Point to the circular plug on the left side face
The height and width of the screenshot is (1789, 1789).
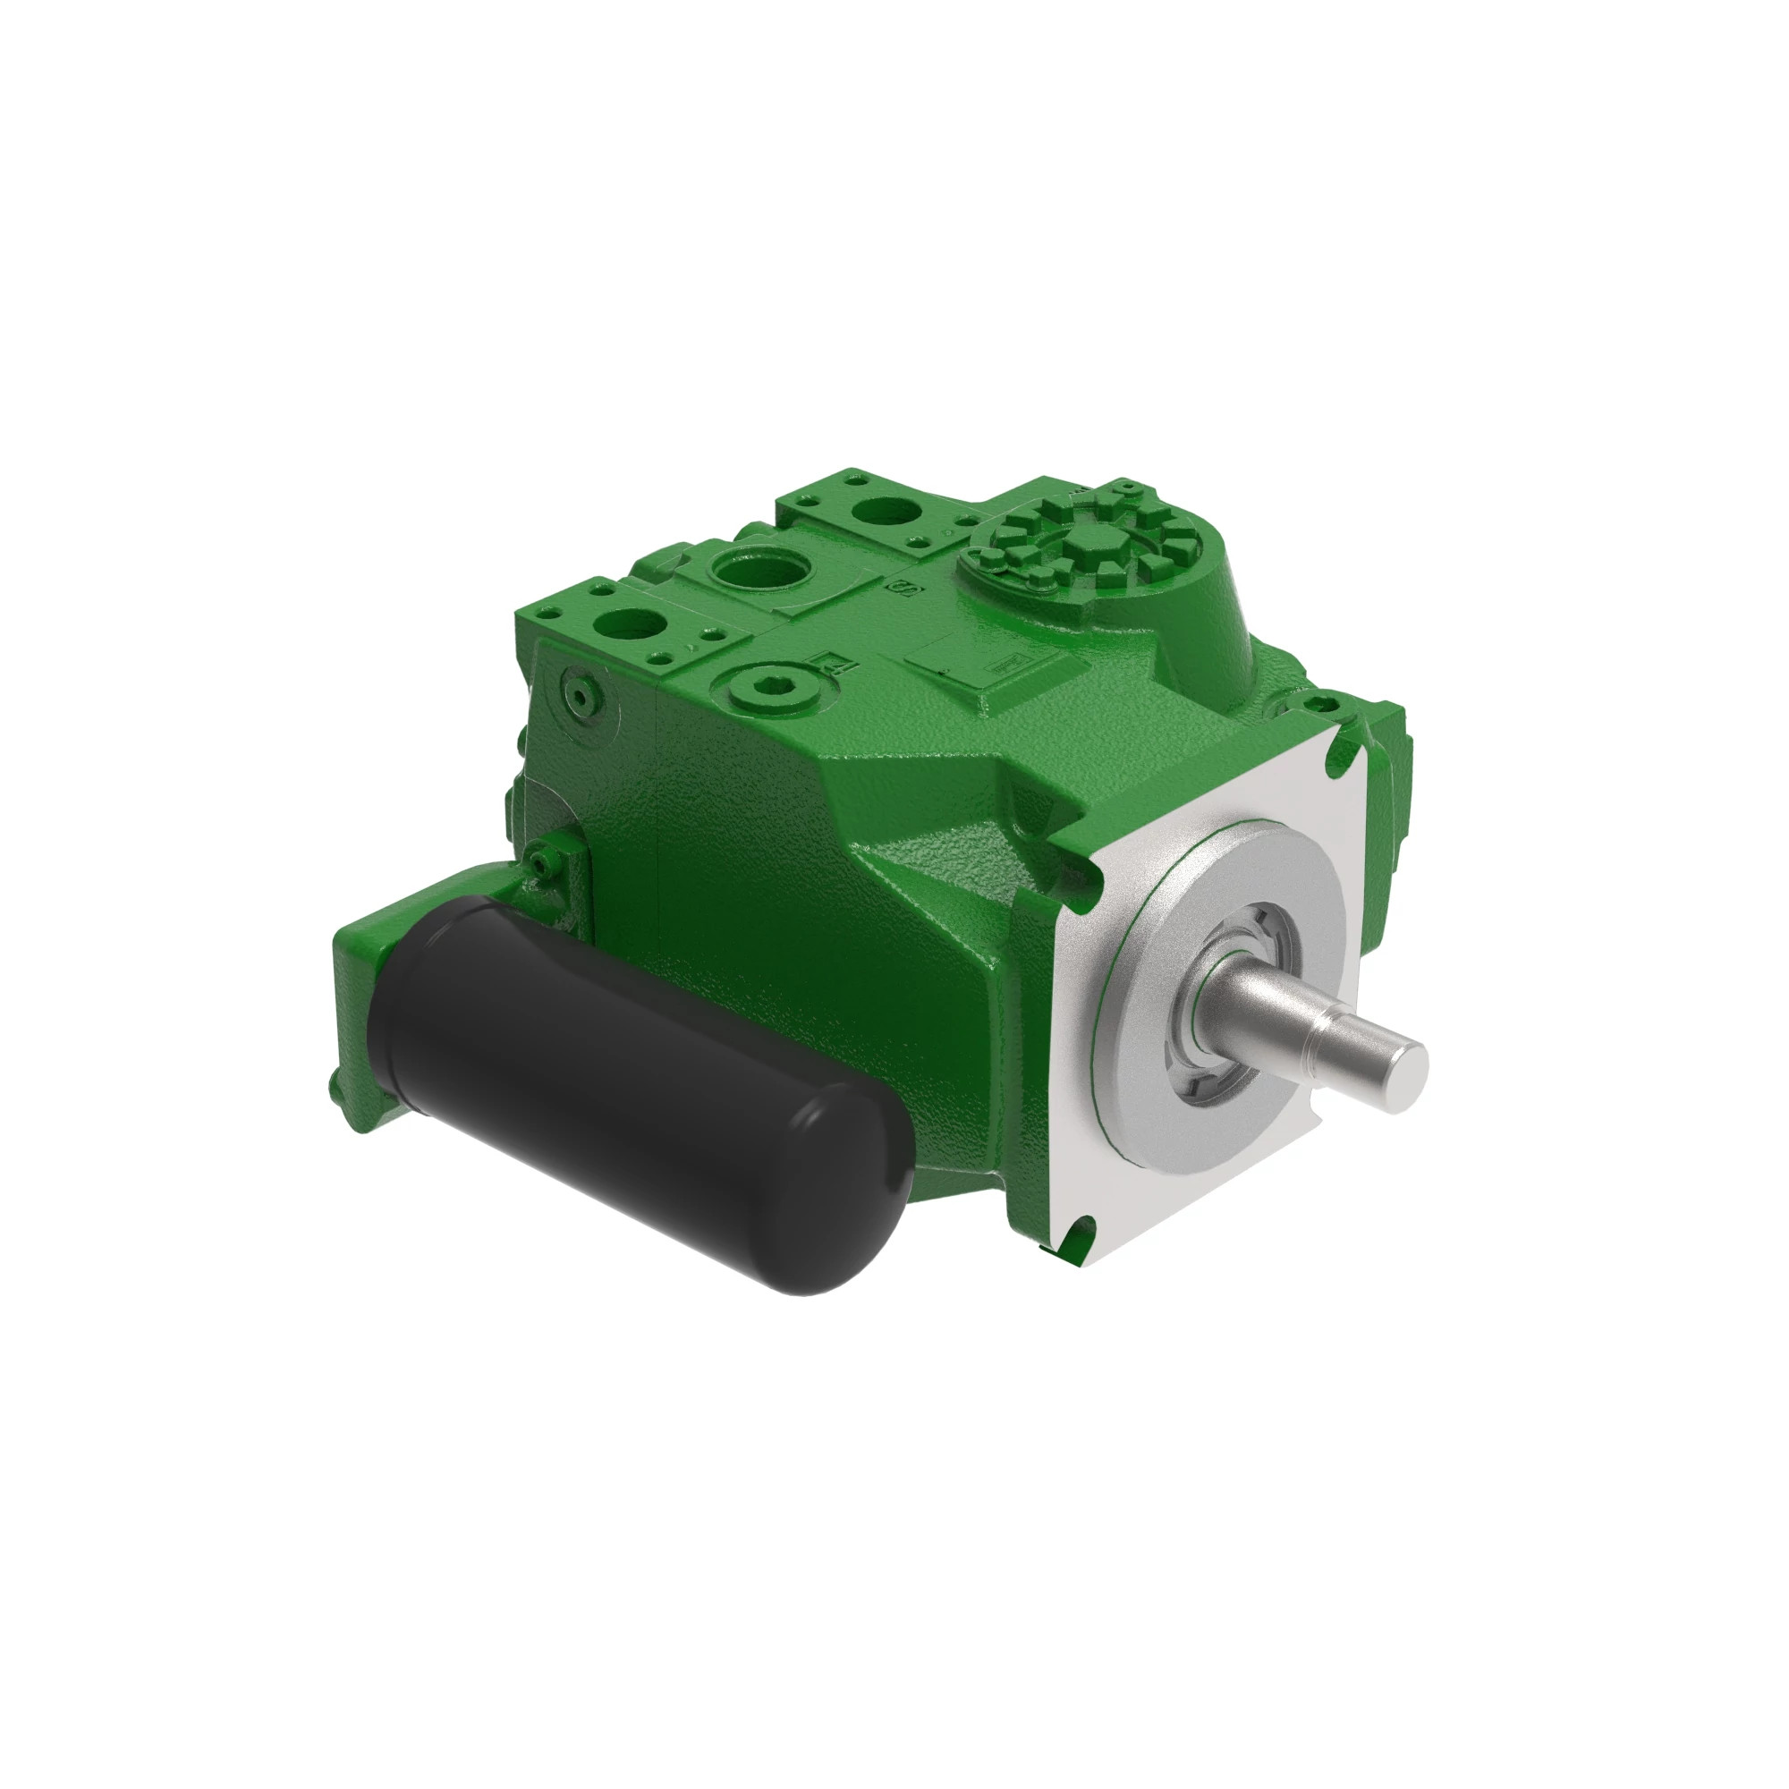click(581, 694)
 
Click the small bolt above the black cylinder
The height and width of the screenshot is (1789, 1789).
click(540, 863)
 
